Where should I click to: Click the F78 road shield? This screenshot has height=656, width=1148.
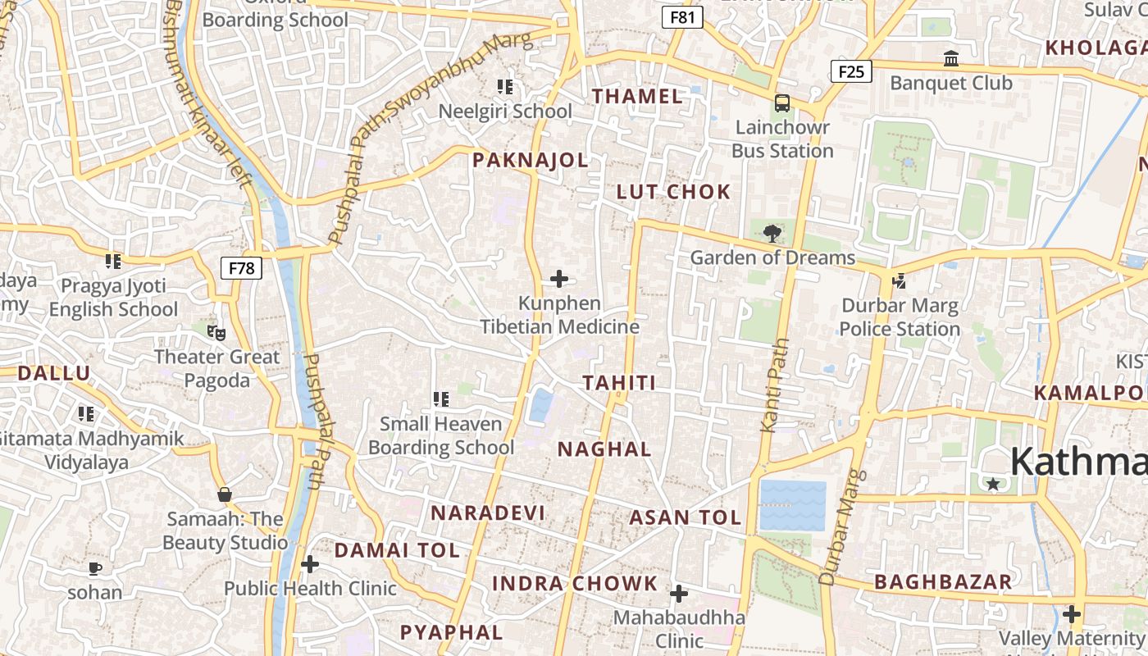click(241, 267)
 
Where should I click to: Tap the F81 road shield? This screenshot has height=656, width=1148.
click(682, 17)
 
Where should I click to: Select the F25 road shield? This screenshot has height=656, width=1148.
click(850, 71)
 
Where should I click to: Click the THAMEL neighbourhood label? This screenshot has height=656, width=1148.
click(637, 96)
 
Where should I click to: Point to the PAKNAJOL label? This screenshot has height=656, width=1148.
click(530, 160)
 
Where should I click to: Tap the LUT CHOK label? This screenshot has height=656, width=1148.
click(673, 192)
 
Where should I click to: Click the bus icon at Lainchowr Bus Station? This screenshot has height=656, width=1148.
click(782, 103)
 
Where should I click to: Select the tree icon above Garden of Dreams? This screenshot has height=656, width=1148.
click(772, 234)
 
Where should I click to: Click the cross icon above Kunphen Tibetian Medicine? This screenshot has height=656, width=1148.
click(559, 279)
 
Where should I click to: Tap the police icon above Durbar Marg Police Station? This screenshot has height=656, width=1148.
click(900, 281)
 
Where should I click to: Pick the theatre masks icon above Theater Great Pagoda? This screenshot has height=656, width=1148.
click(216, 332)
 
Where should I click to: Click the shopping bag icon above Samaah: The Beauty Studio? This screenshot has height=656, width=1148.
click(225, 494)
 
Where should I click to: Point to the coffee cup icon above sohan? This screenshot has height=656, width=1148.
click(95, 568)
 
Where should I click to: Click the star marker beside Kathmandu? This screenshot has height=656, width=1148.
click(993, 484)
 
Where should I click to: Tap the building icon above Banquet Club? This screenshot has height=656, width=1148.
click(951, 59)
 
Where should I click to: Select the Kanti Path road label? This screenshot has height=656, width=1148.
click(774, 385)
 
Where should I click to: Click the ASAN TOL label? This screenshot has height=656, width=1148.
click(685, 517)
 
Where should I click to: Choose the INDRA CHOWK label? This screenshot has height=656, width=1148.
click(575, 584)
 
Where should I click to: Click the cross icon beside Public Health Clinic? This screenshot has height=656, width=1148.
click(310, 564)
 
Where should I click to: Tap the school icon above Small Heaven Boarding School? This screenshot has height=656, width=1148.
click(441, 399)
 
